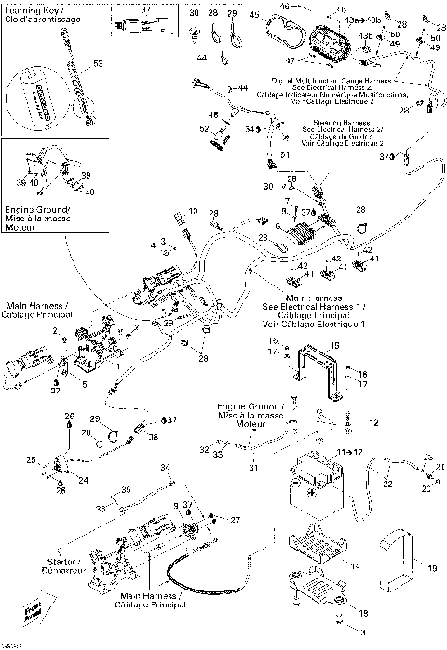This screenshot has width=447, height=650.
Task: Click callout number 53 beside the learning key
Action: click(98, 64)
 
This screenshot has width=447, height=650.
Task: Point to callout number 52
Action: click(205, 128)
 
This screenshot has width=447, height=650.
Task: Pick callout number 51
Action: click(285, 153)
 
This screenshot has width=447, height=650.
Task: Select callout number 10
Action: click(193, 213)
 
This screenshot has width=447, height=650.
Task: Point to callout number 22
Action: click(387, 484)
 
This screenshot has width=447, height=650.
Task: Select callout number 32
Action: click(203, 449)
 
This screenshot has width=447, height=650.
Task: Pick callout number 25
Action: click(30, 460)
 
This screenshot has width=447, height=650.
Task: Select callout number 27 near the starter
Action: click(235, 520)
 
